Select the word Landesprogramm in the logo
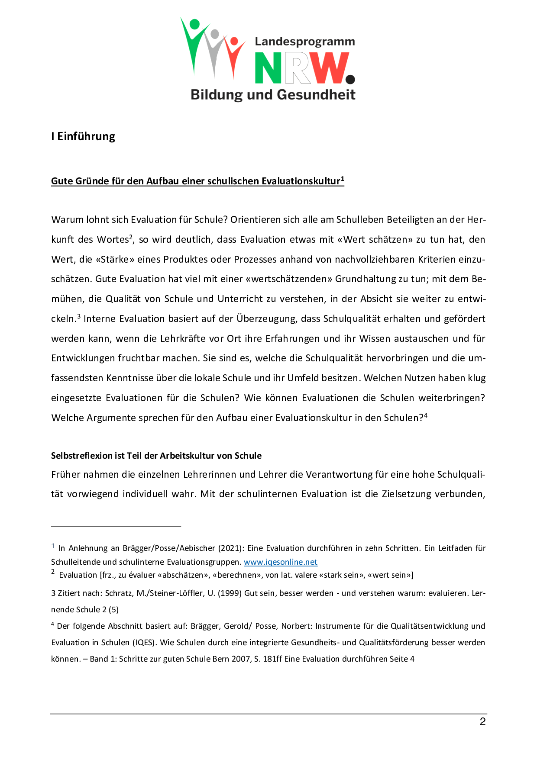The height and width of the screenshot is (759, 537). (305, 42)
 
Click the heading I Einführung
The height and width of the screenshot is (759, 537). (83, 136)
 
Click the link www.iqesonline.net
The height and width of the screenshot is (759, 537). (280, 562)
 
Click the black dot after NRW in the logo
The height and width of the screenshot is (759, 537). (350, 79)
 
